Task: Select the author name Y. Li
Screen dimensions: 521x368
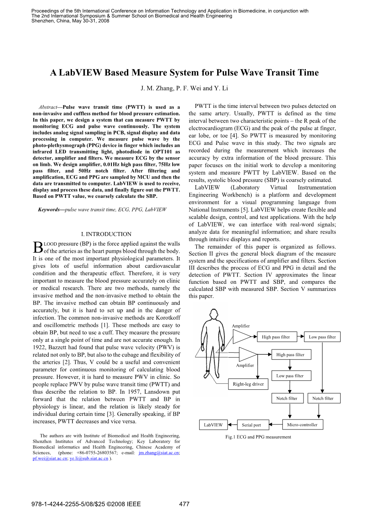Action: pyautogui.click(x=221, y=88)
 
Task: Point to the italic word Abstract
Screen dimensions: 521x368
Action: pyautogui.click(x=48, y=107)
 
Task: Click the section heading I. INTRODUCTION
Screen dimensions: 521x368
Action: pyautogui.click(x=106, y=234)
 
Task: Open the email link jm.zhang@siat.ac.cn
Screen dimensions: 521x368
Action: pyautogui.click(x=159, y=453)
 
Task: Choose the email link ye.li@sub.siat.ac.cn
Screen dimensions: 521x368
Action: pyautogui.click(x=89, y=459)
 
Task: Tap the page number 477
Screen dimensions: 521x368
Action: pyautogui.click(x=184, y=504)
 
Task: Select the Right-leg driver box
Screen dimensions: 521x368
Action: pyautogui.click(x=248, y=384)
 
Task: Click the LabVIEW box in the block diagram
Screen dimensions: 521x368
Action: pyautogui.click(x=213, y=425)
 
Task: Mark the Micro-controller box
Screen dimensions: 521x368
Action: pyautogui.click(x=302, y=425)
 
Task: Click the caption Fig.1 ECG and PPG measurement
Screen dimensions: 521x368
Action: pyautogui.click(x=258, y=437)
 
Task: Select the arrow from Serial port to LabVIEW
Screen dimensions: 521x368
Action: pyautogui.click(x=232, y=425)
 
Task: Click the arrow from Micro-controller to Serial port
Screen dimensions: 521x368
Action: pyautogui.click(x=276, y=425)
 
